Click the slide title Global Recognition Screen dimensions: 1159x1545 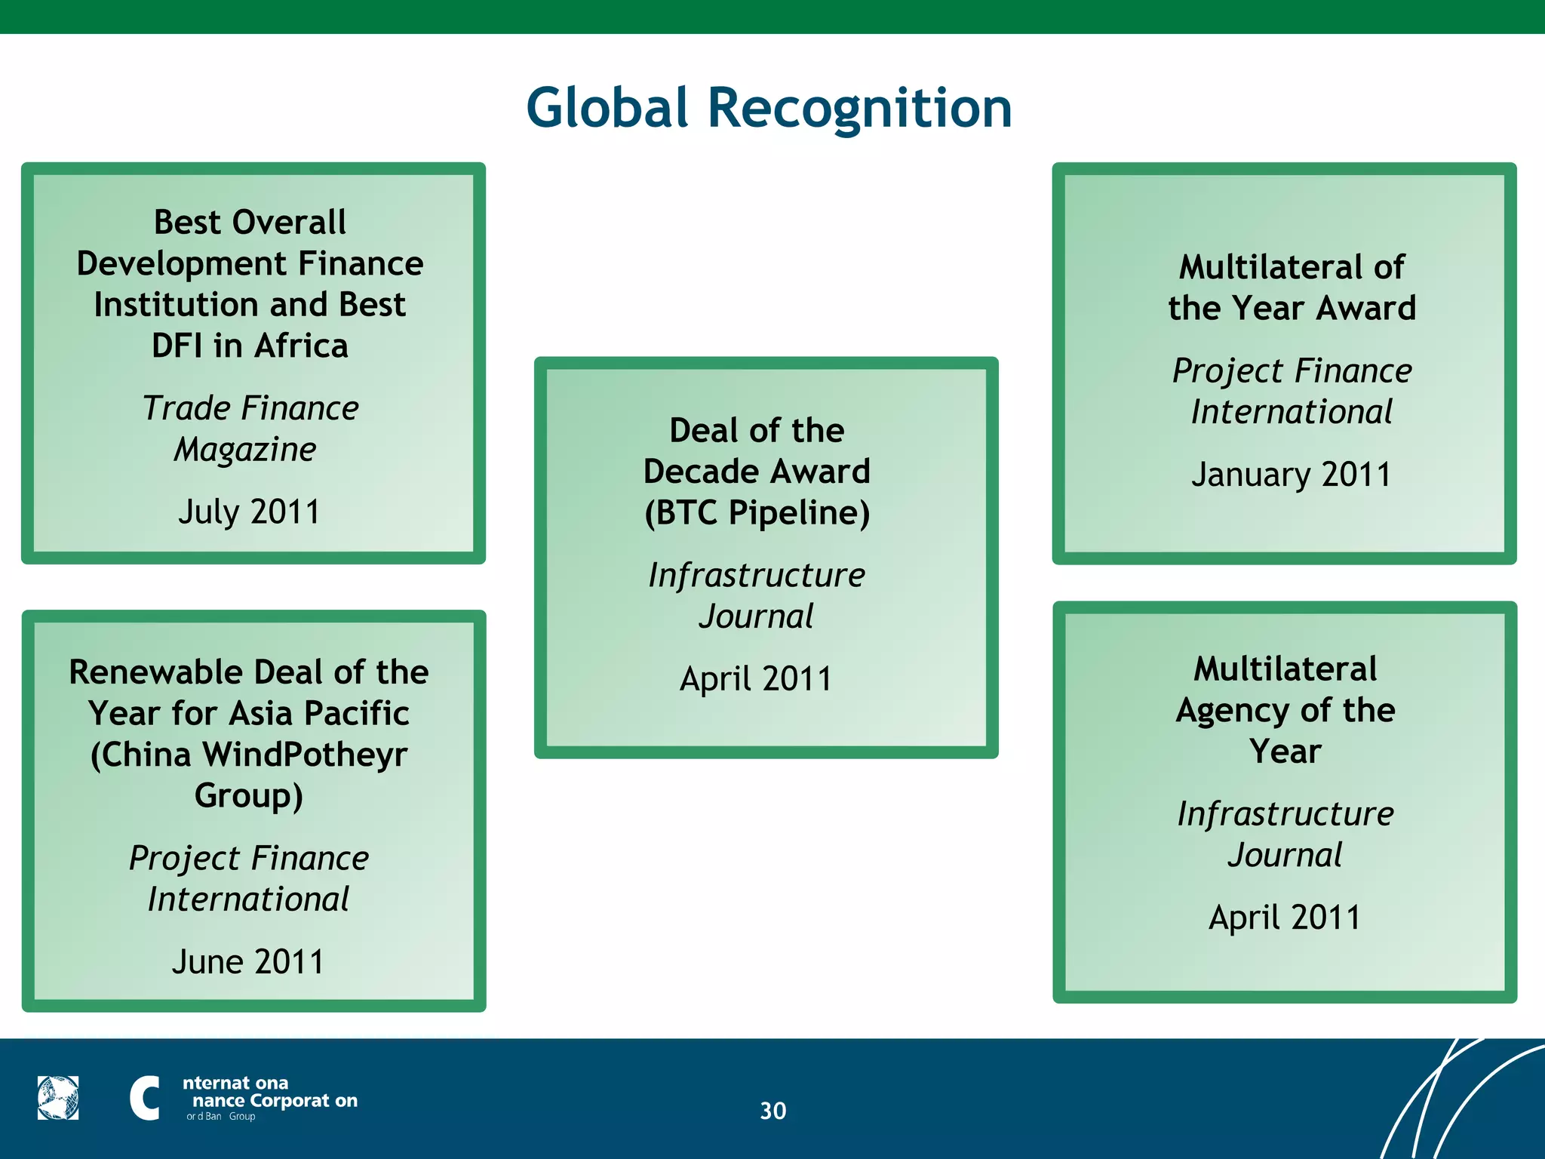[768, 108]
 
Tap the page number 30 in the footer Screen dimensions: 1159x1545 [772, 1111]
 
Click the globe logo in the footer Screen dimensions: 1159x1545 [58, 1098]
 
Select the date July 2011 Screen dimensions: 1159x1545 [250, 512]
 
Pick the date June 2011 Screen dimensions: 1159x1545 [248, 962]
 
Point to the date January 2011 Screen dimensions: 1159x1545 [1292, 475]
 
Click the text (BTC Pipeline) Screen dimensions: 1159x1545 [757, 513]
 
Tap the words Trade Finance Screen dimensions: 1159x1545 [250, 408]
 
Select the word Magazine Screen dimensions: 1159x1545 [245, 450]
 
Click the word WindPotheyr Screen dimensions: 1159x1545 [305, 755]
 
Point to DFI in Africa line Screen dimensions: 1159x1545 [250, 346]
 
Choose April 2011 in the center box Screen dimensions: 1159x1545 [756, 679]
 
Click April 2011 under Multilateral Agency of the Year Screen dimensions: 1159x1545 [1285, 918]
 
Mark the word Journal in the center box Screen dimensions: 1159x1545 [756, 616]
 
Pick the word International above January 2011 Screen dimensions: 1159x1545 [1292, 412]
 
